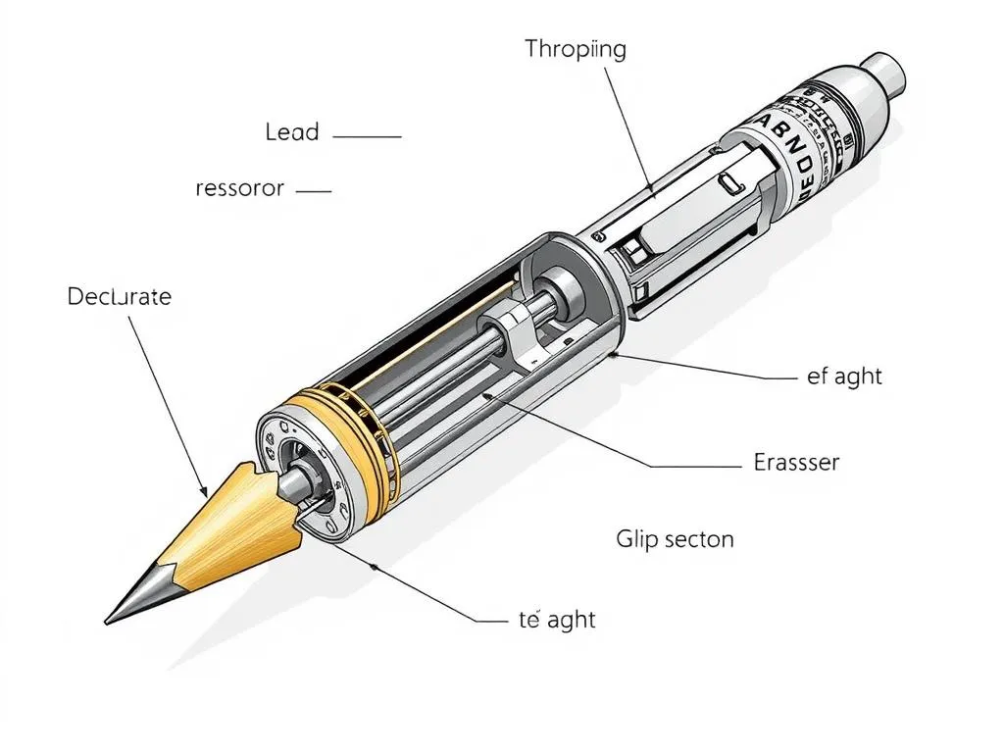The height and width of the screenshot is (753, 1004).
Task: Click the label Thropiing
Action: point(575,50)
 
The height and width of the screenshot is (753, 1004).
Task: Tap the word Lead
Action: point(292,132)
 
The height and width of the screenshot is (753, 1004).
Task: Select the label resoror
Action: point(239,188)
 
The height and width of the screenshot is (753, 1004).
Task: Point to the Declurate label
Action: point(119,296)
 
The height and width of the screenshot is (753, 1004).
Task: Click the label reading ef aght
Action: point(844,376)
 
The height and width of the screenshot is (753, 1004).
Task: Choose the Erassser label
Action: point(796,462)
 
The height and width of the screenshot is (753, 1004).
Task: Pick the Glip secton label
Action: point(675,538)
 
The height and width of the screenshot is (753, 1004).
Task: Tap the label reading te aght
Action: point(556,620)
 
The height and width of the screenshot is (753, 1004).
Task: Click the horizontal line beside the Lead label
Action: point(368,136)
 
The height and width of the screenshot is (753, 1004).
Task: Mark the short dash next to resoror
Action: point(313,191)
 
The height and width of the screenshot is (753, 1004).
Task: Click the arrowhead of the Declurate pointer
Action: point(203,489)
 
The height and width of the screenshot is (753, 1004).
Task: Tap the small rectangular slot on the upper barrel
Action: point(727,184)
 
